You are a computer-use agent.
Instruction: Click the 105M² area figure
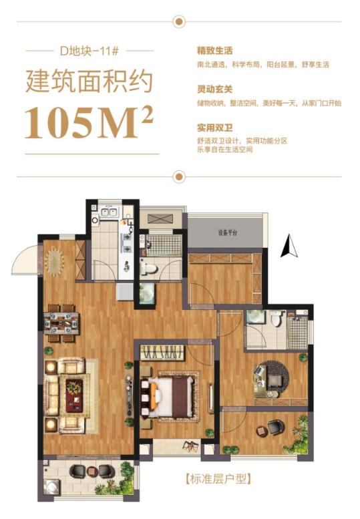point(89,122)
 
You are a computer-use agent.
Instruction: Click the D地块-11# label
point(89,50)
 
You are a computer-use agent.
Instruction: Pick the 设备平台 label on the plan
point(228,232)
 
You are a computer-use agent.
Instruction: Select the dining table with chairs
point(61,323)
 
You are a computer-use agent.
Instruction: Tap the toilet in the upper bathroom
point(149,269)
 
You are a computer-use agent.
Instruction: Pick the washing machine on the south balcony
point(51,490)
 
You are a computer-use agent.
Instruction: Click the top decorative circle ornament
point(178,22)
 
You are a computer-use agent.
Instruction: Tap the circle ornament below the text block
point(178,177)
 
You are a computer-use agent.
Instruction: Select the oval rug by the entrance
point(53,256)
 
